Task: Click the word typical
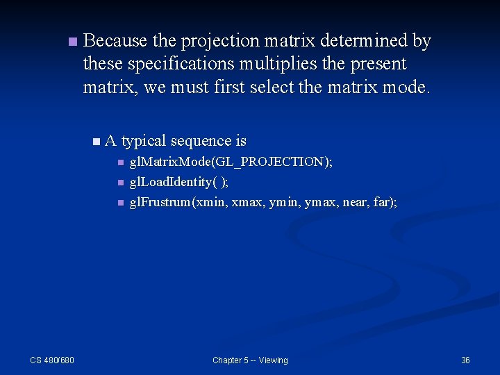point(143,141)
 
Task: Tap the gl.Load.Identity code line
point(179,182)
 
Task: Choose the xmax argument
point(249,203)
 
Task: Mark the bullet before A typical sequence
point(96,142)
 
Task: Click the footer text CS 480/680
point(52,360)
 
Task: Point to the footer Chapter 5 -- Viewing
point(250,360)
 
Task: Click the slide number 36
point(465,360)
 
